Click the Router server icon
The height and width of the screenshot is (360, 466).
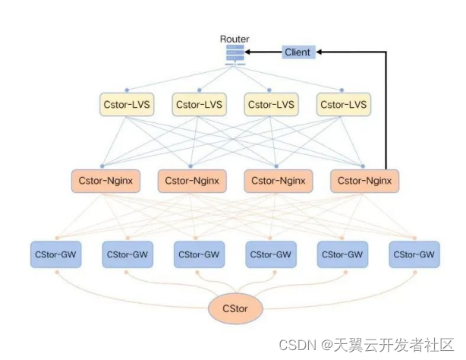(x=235, y=54)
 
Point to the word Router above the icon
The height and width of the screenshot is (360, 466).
(x=235, y=39)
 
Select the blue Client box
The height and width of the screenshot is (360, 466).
(x=298, y=52)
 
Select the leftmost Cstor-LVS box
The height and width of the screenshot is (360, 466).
(x=127, y=104)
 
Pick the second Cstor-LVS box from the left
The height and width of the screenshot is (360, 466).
(x=199, y=104)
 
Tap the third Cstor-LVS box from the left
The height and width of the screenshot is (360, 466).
(x=271, y=104)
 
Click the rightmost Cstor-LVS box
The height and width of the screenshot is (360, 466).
(x=342, y=104)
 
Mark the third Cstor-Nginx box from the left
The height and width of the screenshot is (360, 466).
(x=279, y=182)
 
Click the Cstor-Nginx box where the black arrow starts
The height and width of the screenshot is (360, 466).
(x=364, y=182)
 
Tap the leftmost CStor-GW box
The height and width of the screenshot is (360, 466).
(x=55, y=254)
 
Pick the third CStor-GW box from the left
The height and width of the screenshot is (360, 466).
(x=200, y=254)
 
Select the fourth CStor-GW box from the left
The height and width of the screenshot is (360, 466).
(x=271, y=254)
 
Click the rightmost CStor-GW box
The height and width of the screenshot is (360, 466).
(x=414, y=254)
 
